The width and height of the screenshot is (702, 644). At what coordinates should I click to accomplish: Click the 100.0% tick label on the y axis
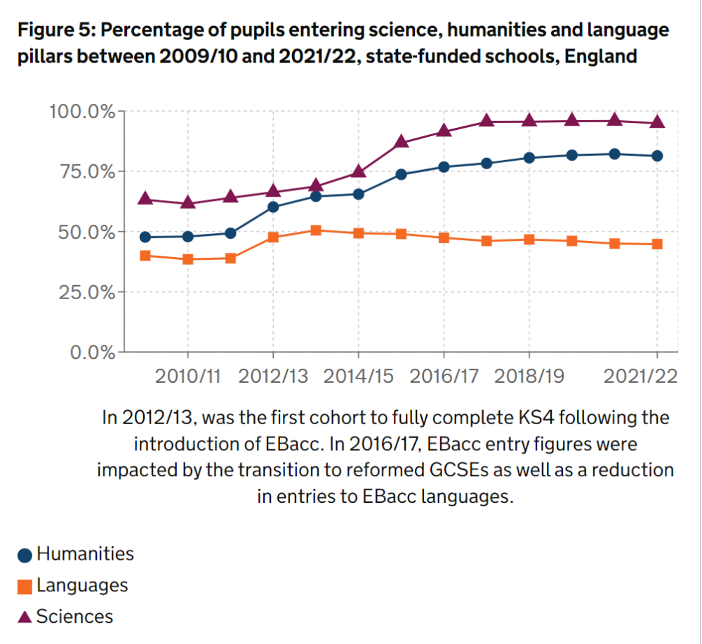pos(81,112)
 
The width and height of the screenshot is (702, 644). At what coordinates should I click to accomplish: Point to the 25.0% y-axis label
pos(87,292)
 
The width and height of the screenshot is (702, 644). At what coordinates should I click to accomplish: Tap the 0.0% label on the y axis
pos(91,353)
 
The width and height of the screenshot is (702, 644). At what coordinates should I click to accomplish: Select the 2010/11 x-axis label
pos(187,376)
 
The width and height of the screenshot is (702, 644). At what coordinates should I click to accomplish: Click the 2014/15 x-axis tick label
pos(358,376)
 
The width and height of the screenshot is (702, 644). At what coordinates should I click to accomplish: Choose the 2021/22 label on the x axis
pos(641,376)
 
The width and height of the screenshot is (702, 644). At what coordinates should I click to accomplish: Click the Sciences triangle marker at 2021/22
pos(657,122)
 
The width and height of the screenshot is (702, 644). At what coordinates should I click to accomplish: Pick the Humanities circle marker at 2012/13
pos(273,206)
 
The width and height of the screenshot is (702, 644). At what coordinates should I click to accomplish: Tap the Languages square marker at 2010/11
pos(187,259)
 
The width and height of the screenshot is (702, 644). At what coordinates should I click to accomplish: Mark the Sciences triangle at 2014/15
pos(359,171)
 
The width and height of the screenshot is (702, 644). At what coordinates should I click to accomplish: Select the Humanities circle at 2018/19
pos(529,157)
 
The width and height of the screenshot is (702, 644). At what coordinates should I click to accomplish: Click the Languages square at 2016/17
pos(444,238)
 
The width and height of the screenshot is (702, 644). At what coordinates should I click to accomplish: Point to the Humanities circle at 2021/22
pos(657,156)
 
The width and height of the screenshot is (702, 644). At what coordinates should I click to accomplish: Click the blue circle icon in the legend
pos(25,555)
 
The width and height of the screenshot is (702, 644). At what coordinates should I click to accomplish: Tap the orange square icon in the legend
pos(25,586)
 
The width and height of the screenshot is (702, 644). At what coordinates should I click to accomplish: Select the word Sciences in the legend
pos(74,617)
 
